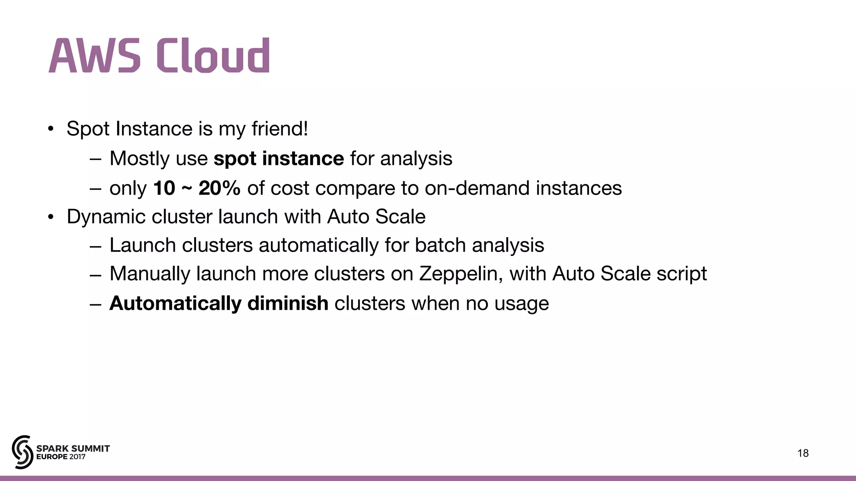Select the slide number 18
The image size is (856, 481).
[x=803, y=453]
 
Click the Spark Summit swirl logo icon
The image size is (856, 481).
[x=22, y=452]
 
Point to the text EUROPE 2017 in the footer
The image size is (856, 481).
[x=61, y=457]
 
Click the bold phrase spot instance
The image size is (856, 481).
[x=278, y=159]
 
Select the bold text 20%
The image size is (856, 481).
[x=219, y=188]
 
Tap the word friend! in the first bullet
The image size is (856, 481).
[x=280, y=129]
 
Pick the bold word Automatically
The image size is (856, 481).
[x=175, y=304]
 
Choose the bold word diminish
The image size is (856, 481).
[x=288, y=304]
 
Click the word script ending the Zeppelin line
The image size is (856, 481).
[x=681, y=274]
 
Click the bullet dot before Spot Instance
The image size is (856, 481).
[x=51, y=129]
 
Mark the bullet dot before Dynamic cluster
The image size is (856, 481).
[x=51, y=217]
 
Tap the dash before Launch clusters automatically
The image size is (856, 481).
[x=95, y=246]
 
